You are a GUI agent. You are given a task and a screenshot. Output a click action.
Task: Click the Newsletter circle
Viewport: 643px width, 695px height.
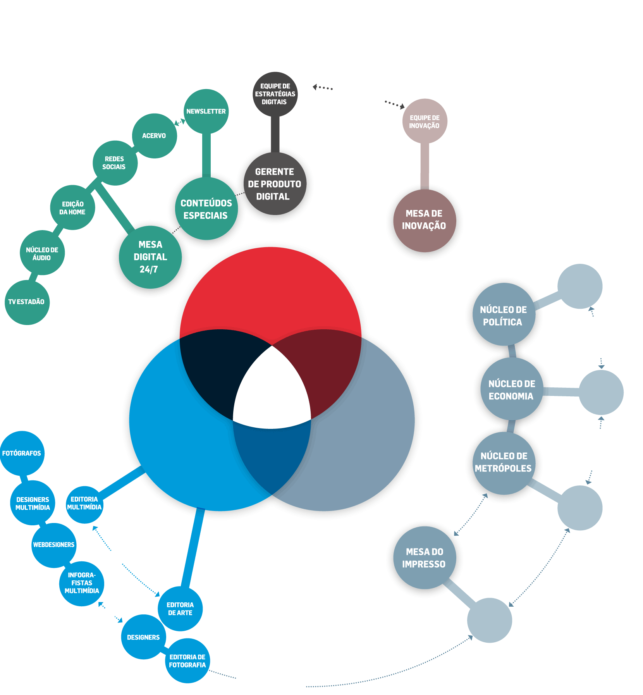pyautogui.click(x=206, y=112)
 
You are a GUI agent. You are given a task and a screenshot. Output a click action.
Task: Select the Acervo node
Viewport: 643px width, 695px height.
pyautogui.click(x=154, y=136)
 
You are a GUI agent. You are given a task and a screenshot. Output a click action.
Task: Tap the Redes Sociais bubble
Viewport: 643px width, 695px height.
pyautogui.click(x=115, y=163)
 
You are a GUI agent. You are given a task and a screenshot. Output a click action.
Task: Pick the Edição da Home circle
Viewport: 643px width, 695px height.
pyautogui.click(x=72, y=208)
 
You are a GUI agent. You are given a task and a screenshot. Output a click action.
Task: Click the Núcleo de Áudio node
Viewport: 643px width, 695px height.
pyautogui.click(x=42, y=253)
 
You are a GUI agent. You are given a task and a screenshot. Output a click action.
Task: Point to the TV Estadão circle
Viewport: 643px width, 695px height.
pyautogui.click(x=27, y=302)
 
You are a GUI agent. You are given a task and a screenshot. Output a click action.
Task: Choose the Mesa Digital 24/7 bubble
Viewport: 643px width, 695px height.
pyautogui.click(x=150, y=257)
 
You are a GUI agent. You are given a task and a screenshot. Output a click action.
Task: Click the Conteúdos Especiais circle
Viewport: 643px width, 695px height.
pyautogui.click(x=206, y=209)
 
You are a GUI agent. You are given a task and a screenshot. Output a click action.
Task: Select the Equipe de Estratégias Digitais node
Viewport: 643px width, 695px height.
pyautogui.click(x=275, y=94)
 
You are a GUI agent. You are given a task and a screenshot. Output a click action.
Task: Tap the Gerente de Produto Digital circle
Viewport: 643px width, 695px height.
pyautogui.click(x=275, y=184)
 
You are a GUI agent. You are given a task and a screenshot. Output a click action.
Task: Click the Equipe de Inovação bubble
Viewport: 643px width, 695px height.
pyautogui.click(x=425, y=121)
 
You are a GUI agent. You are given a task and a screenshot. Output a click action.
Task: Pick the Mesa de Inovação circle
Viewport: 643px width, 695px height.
pyautogui.click(x=424, y=220)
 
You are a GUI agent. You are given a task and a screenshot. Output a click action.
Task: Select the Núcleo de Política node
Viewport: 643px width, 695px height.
pyautogui.click(x=503, y=315)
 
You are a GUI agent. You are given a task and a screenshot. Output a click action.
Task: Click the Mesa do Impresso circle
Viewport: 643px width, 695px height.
pyautogui.click(x=424, y=557)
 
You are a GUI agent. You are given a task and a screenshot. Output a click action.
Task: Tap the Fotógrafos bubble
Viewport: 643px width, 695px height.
pyautogui.click(x=22, y=453)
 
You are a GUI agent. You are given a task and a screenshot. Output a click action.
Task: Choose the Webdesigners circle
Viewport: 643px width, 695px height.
pyautogui.click(x=53, y=545)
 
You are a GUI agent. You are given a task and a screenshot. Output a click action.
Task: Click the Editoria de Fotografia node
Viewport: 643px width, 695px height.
pyautogui.click(x=187, y=661)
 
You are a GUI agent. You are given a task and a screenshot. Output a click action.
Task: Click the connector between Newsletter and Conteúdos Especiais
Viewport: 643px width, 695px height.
pyautogui.click(x=206, y=155)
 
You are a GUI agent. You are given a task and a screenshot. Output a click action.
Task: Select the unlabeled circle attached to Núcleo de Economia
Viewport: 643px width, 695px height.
pyautogui.click(x=601, y=392)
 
